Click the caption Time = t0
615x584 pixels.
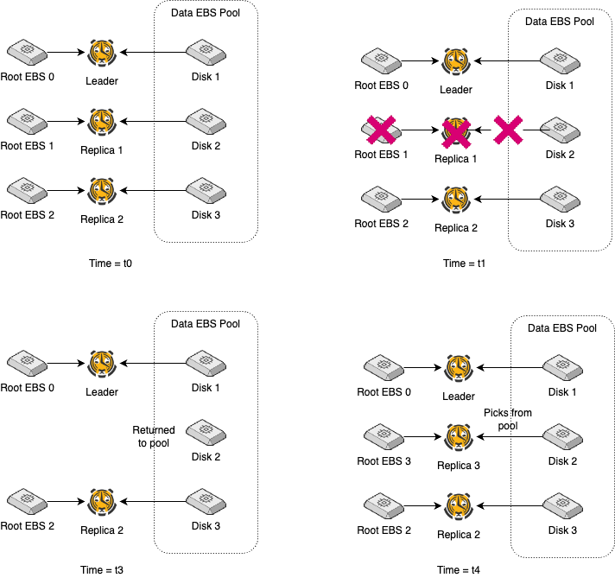point(111,263)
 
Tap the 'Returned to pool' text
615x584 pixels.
point(154,436)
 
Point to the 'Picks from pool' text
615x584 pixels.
point(508,420)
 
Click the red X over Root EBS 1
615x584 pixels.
point(381,130)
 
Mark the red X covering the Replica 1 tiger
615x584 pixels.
point(455,131)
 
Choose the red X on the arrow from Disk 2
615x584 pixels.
point(510,130)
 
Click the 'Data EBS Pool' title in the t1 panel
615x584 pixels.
point(561,21)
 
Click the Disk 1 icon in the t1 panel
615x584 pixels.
point(560,60)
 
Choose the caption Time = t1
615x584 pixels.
point(465,263)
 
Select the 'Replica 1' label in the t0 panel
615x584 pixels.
point(102,149)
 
